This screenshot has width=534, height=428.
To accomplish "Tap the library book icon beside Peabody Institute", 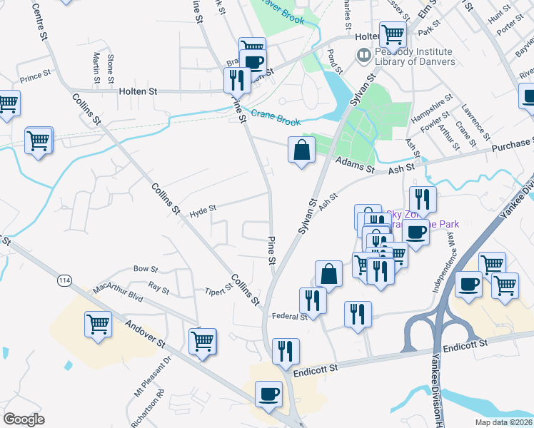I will point(364,55).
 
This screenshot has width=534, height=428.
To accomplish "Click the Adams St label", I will point(361,167).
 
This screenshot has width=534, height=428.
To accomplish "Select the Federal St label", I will point(289,316).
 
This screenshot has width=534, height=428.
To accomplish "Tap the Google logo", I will point(24,419).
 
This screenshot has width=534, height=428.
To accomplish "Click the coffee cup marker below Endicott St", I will point(268,394).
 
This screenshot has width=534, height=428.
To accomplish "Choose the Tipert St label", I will point(218,290).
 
